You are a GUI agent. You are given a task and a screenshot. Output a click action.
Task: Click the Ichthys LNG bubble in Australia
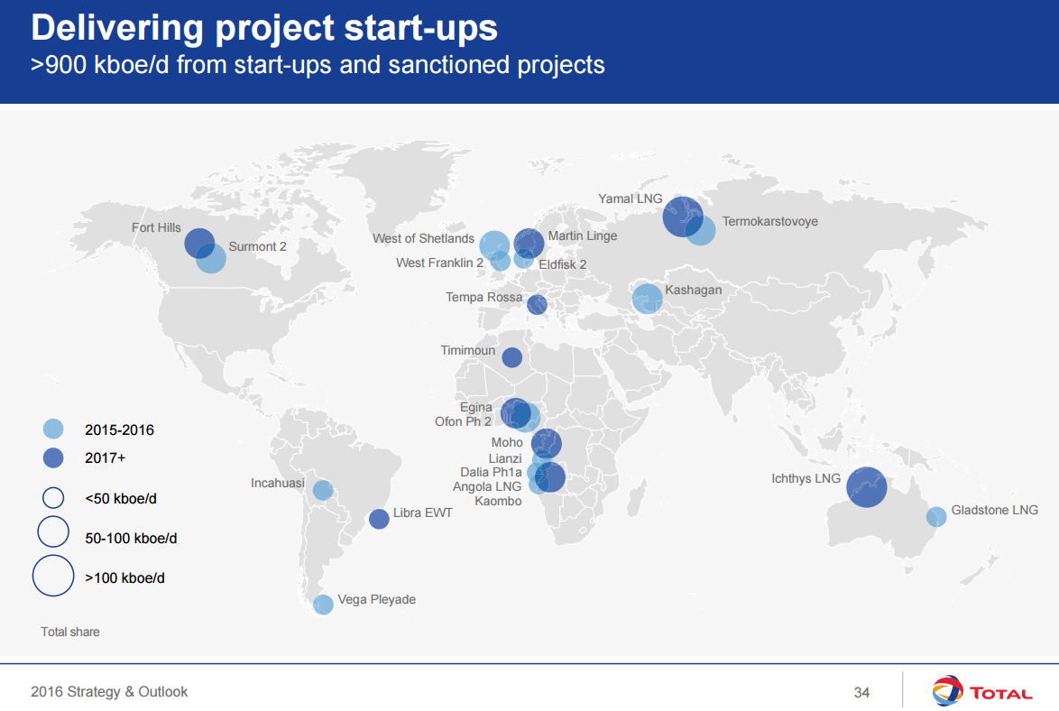coord(865,487)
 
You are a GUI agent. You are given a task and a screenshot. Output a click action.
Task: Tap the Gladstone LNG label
coord(994,510)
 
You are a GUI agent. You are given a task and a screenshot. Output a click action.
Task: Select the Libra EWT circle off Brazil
coord(379,519)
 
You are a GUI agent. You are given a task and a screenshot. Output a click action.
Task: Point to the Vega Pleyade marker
coord(323,605)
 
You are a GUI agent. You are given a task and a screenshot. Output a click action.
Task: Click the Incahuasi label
coord(278,484)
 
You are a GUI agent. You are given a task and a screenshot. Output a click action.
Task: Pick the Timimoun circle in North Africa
coord(511,357)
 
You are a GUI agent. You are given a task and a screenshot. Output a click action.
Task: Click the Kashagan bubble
coord(647,299)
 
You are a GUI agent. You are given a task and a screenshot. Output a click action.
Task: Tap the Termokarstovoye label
coord(769,221)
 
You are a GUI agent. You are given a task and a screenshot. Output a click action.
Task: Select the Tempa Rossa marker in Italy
coord(537,304)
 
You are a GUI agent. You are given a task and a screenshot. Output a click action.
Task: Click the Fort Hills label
coord(156,227)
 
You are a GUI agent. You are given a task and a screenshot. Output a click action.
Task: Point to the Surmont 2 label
coord(257,246)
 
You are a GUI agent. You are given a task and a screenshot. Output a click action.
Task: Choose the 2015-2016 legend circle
coord(53,429)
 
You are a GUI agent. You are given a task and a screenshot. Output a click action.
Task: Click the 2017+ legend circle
coord(53,457)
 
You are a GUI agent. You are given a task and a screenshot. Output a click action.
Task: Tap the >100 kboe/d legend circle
coord(53,576)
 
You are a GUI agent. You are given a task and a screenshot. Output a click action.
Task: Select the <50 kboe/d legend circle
coord(53,497)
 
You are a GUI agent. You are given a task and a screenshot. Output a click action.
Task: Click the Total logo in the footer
coord(982,692)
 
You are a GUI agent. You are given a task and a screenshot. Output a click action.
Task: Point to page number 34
coord(861,692)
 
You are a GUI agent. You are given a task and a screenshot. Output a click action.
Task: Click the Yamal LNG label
coord(630,199)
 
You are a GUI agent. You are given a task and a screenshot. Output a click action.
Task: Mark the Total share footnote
coord(70,632)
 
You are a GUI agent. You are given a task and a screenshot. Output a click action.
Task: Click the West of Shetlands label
coord(423,238)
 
